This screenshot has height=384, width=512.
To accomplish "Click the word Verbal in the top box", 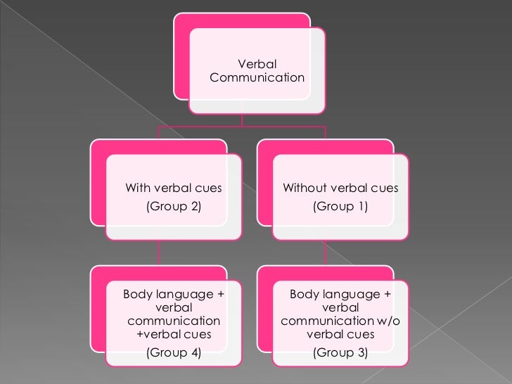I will [x=257, y=65].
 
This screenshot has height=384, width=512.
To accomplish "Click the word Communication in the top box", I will [x=257, y=77].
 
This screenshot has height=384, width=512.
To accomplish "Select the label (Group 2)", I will [x=174, y=207].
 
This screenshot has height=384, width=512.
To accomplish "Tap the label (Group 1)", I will [x=340, y=207].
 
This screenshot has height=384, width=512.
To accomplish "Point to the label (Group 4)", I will [x=173, y=353].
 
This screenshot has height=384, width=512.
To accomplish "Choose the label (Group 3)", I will [x=340, y=353].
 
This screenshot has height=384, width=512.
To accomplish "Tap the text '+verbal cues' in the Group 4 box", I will [x=173, y=334].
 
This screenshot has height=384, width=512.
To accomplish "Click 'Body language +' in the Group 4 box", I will [x=174, y=294].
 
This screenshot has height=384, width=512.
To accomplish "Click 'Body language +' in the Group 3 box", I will [x=340, y=294].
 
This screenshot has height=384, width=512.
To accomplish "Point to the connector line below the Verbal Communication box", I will [x=242, y=120].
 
